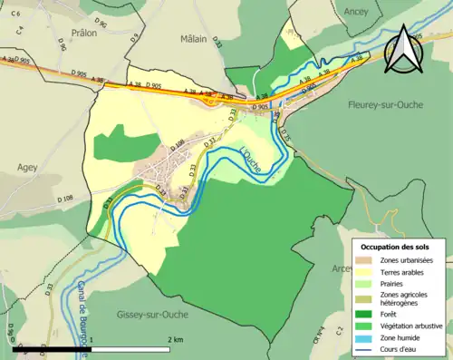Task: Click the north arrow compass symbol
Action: click(x=402, y=51)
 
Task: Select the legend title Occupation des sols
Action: click(x=395, y=247)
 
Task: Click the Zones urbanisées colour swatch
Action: click(x=367, y=261)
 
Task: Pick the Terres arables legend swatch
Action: click(x=367, y=272)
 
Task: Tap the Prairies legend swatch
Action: click(x=367, y=283)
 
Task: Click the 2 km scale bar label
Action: click(x=176, y=339)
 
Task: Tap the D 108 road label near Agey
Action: click(x=64, y=198)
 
